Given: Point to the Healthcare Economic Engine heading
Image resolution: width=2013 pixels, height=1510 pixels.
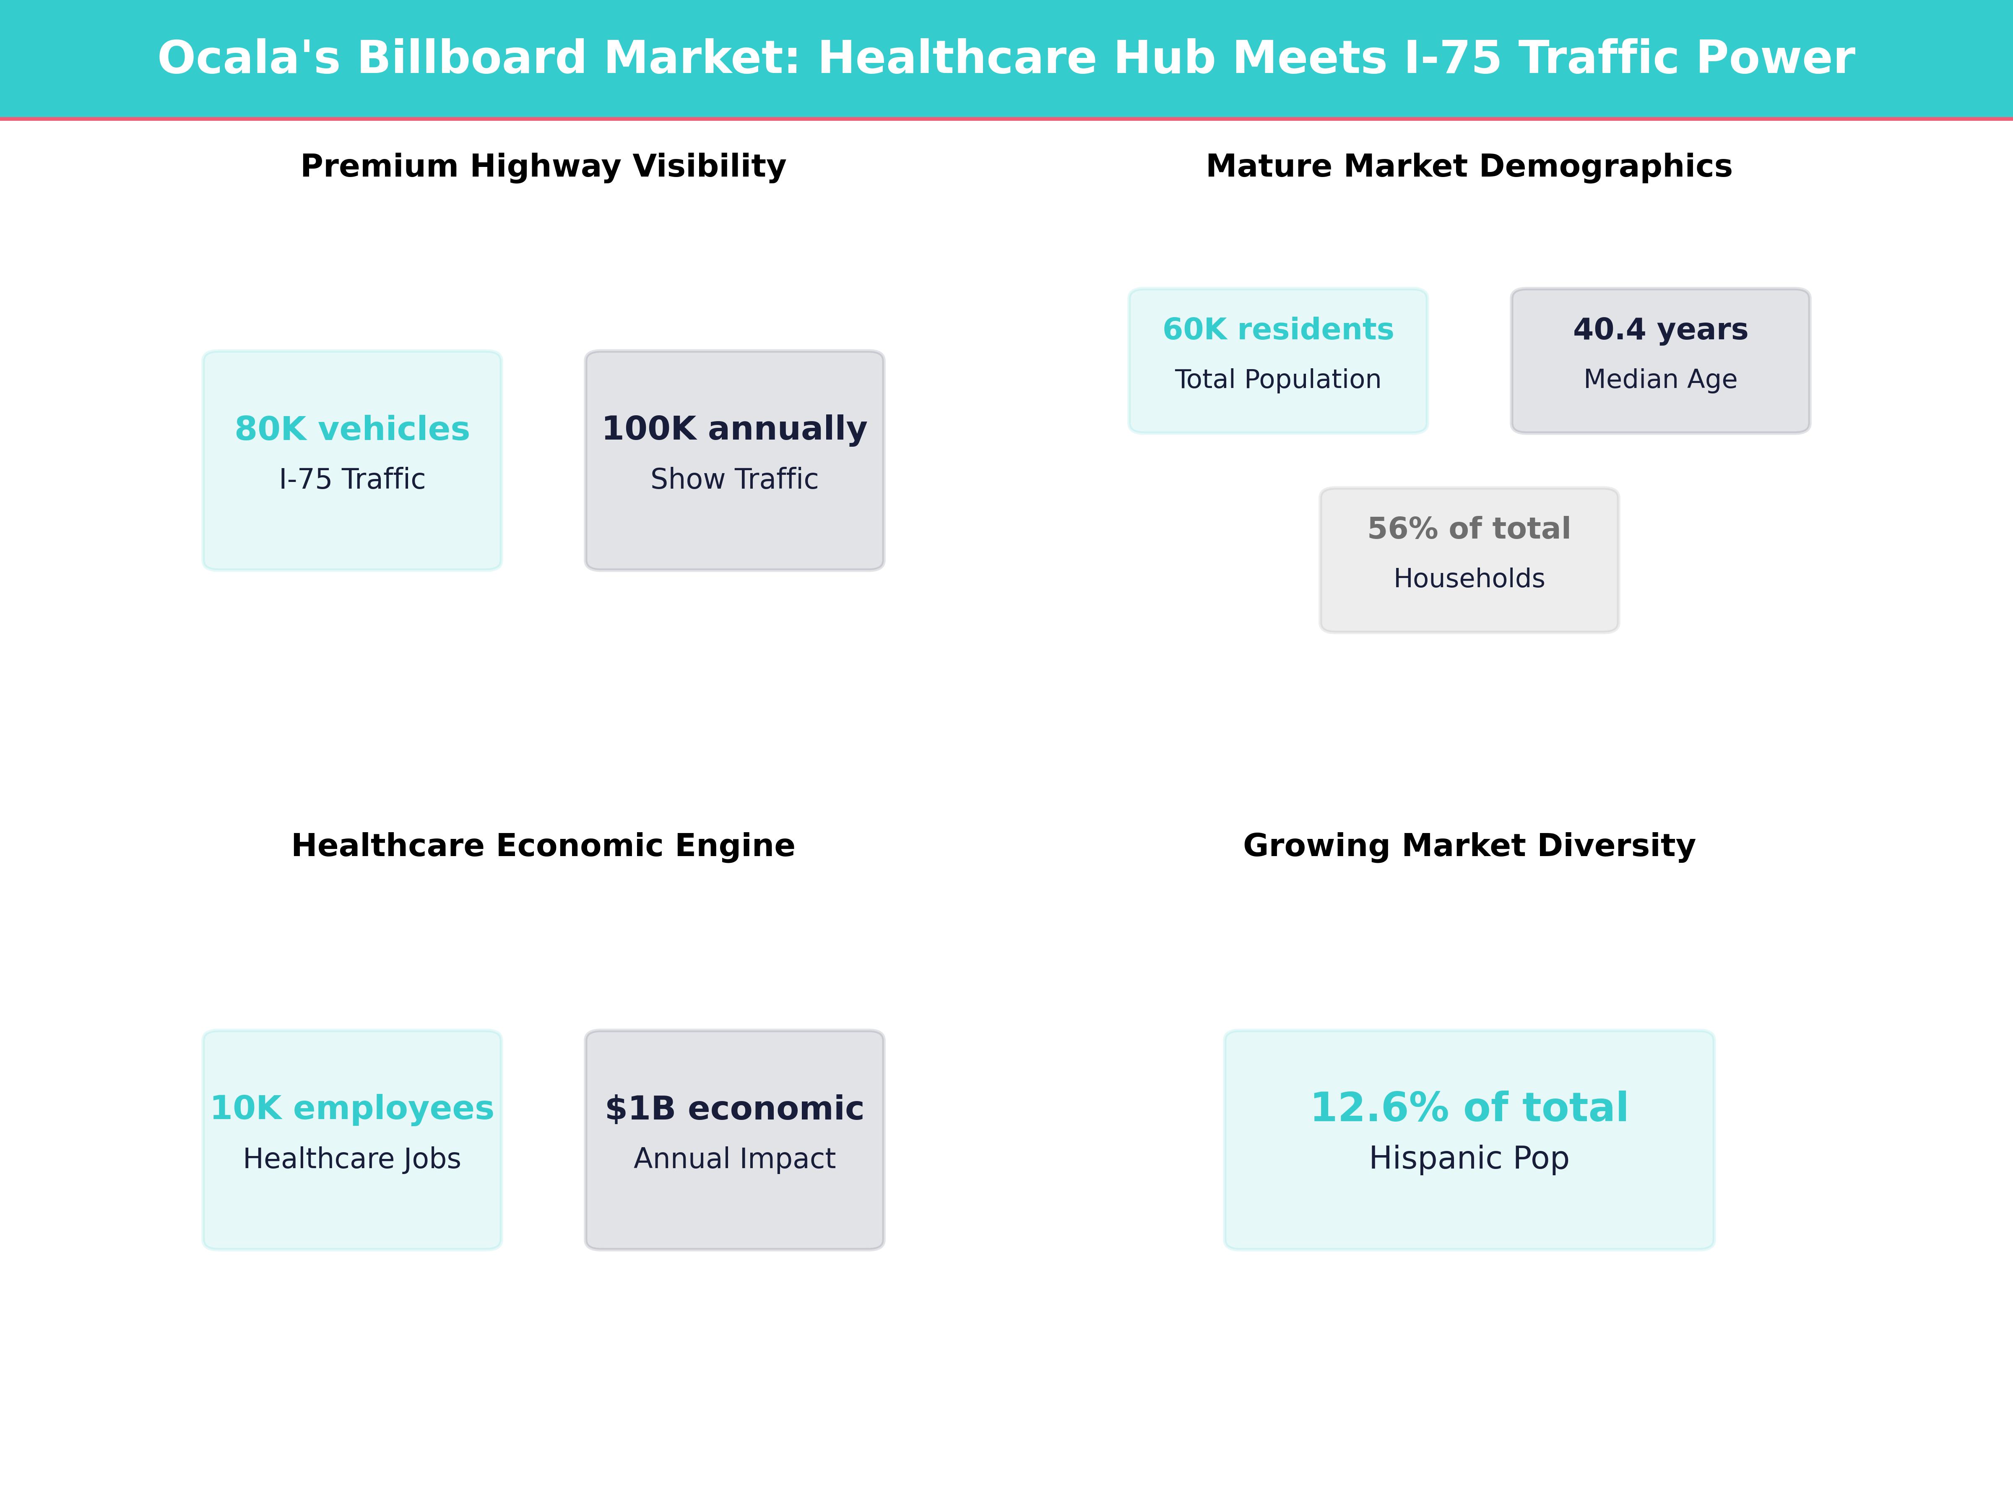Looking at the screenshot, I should click(x=543, y=846).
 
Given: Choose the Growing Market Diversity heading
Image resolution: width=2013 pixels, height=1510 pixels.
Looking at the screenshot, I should click(x=1469, y=846).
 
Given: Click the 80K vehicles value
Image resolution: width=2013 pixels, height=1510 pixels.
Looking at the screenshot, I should click(x=352, y=429).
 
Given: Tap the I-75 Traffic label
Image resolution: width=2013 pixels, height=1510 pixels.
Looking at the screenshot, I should click(x=352, y=479).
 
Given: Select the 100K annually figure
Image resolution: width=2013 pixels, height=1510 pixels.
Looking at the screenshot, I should click(x=734, y=429).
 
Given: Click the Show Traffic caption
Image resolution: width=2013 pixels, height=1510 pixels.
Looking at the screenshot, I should click(x=734, y=479).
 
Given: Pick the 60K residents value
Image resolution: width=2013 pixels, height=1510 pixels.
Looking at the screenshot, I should click(x=1278, y=330).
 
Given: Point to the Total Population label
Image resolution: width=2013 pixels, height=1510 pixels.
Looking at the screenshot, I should click(x=1278, y=379).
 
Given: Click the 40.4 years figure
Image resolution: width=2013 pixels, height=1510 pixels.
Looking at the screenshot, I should click(x=1660, y=330).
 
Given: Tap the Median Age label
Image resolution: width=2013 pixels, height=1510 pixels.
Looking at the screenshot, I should click(x=1660, y=379).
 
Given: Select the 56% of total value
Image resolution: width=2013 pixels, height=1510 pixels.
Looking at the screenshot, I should click(x=1469, y=529).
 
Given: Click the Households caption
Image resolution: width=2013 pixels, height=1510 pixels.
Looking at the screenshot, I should click(x=1469, y=578).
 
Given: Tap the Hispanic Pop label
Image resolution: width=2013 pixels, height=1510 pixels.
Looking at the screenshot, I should click(x=1469, y=1158).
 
